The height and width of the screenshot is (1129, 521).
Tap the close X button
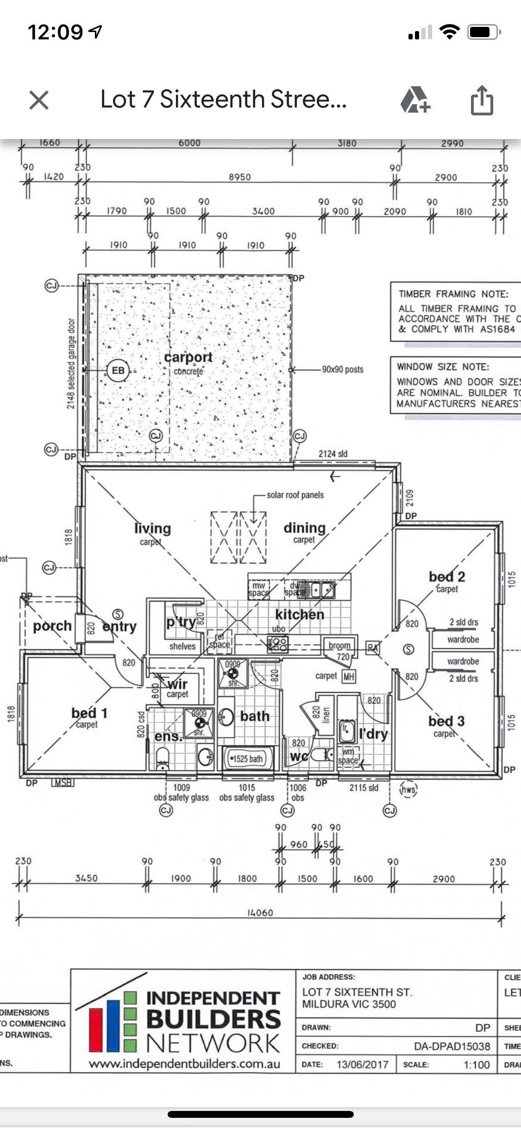(39, 100)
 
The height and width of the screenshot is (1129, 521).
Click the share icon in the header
(482, 100)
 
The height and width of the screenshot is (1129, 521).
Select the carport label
(188, 358)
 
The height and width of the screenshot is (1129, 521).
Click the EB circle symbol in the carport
(118, 370)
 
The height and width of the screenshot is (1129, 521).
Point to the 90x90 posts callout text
(343, 370)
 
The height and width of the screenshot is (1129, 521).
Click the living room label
(152, 528)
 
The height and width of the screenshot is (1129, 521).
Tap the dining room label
(304, 528)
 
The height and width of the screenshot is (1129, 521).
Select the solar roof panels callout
(295, 495)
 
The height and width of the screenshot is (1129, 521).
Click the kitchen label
(299, 615)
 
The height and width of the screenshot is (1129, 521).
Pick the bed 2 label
(446, 577)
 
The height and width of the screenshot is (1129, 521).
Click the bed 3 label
(446, 721)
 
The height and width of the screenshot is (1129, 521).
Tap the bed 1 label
(89, 713)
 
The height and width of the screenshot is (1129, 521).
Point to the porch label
(52, 626)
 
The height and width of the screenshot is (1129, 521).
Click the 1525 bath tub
(247, 759)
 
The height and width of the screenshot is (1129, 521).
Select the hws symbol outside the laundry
(408, 790)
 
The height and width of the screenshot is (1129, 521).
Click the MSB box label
(63, 783)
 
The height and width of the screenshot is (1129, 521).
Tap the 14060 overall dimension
(260, 913)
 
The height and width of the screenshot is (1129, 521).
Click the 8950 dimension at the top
(239, 177)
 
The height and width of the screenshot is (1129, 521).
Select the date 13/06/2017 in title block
(362, 1064)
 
